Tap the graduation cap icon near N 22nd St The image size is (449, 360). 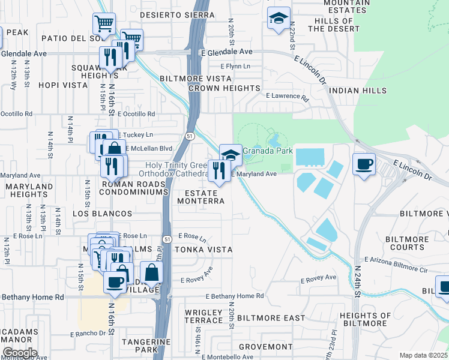(279, 18)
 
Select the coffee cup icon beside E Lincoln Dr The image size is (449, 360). (364, 164)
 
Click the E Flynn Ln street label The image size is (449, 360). (235, 66)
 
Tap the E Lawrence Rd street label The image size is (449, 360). (287, 96)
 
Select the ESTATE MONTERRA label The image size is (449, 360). (200, 197)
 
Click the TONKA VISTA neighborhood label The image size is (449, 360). (203, 249)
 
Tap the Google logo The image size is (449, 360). (19, 353)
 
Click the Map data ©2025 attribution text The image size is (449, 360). (423, 355)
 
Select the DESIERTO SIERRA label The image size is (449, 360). (177, 14)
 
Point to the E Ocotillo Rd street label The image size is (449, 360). (136, 113)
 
